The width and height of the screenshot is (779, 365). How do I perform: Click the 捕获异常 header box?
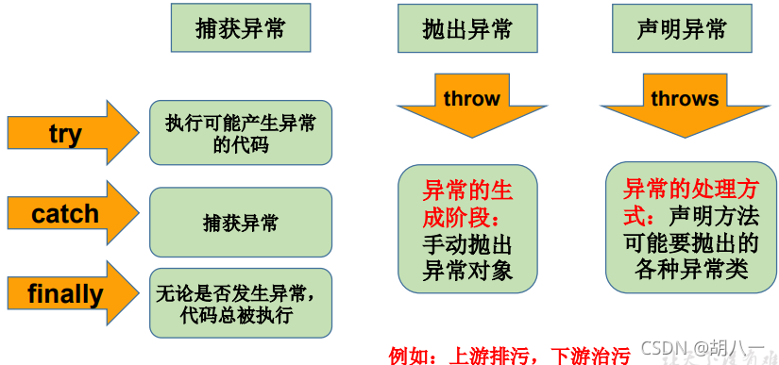(240, 28)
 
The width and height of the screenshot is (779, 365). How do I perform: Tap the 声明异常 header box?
(683, 28)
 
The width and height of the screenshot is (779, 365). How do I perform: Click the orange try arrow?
(71, 133)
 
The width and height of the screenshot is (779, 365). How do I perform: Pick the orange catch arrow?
(71, 214)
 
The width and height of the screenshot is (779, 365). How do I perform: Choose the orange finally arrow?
(71, 294)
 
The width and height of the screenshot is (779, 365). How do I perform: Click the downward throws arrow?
(685, 103)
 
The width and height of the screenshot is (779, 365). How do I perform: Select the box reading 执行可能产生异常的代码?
(240, 133)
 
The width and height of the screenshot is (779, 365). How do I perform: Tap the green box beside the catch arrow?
(240, 223)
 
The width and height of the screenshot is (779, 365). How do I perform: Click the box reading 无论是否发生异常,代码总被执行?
(240, 303)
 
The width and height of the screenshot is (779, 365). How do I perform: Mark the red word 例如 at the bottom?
(411, 356)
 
